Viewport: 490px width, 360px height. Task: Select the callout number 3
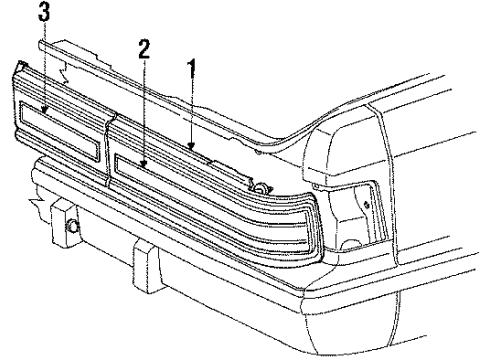point(42,13)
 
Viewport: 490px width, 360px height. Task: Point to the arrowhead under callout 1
point(190,149)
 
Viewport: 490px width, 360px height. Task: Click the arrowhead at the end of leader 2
point(146,163)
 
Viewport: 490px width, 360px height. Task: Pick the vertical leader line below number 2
point(146,110)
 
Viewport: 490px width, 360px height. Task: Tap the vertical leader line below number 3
point(43,65)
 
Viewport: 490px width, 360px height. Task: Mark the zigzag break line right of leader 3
point(63,70)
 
